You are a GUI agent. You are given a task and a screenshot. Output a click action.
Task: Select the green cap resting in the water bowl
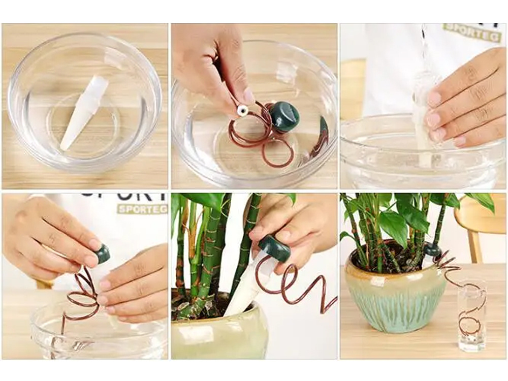[284, 116]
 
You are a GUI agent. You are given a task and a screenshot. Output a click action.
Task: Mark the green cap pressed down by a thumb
[275, 248]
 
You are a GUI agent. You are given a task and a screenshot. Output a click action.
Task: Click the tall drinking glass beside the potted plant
[471, 315]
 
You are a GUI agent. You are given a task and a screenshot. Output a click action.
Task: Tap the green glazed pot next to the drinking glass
[389, 300]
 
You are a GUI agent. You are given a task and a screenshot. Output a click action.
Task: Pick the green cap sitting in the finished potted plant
[432, 249]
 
